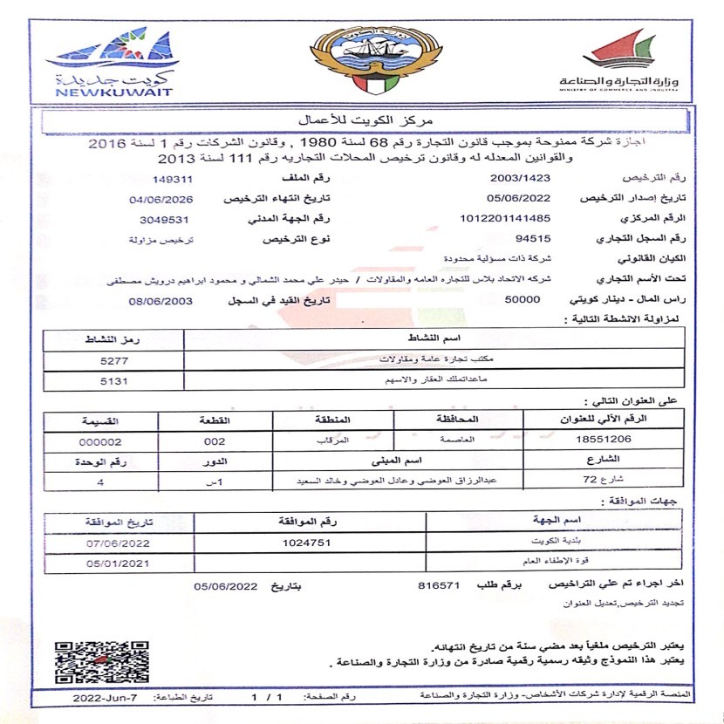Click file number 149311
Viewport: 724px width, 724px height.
coord(172,179)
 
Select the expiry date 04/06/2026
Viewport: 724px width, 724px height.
coord(162,199)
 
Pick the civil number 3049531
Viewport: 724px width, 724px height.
coord(165,218)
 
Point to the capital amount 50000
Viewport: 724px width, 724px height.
coord(523,299)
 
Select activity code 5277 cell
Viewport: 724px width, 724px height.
coord(114,359)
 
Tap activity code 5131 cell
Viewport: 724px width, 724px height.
coord(114,380)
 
